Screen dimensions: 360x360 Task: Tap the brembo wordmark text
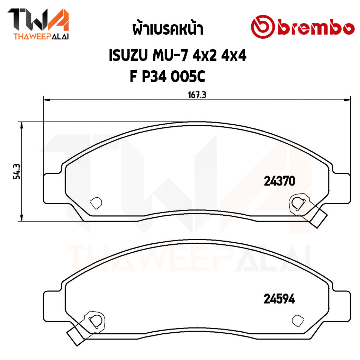pyautogui.click(x=315, y=27)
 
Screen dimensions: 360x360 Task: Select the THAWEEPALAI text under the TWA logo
pyautogui.click(x=38, y=36)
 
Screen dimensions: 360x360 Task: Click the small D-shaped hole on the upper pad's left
pyautogui.click(x=96, y=203)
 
